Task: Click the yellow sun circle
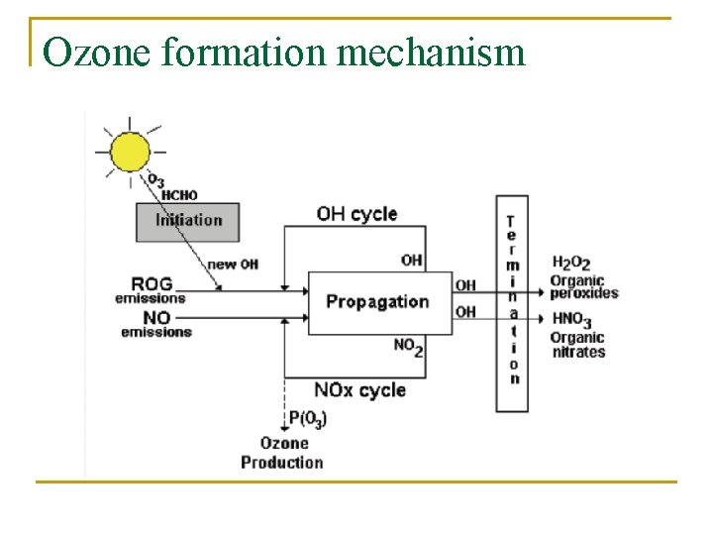(130, 152)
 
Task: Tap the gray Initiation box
(188, 221)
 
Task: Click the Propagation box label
(377, 302)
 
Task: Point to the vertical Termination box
(512, 302)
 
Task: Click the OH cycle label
(356, 213)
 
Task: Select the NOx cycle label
(359, 390)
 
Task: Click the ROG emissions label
(151, 290)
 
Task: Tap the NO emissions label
(155, 325)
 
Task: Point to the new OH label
(233, 265)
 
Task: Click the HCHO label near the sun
(179, 195)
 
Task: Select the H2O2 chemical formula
(570, 263)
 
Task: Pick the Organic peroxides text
(584, 286)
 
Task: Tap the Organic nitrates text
(577, 345)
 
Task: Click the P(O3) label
(308, 419)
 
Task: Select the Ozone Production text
(283, 453)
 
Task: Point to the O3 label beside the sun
(156, 180)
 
